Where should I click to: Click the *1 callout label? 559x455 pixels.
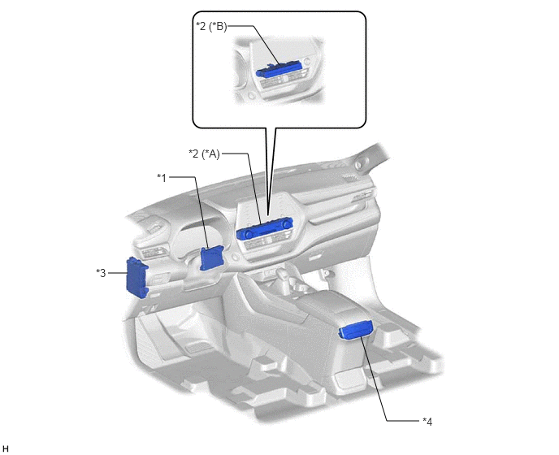(x=162, y=178)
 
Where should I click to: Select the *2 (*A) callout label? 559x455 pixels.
(x=204, y=154)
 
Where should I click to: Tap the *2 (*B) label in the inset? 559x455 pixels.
(x=211, y=26)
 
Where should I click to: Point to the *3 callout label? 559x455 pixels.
(x=101, y=273)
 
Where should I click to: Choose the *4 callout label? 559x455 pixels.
(x=427, y=422)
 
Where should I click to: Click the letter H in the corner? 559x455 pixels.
(x=5, y=449)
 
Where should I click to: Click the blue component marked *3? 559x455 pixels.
(x=137, y=277)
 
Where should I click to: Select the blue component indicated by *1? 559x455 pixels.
(x=212, y=258)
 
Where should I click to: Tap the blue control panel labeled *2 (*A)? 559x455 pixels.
(x=265, y=228)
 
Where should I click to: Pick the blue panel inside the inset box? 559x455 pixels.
(x=279, y=70)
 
